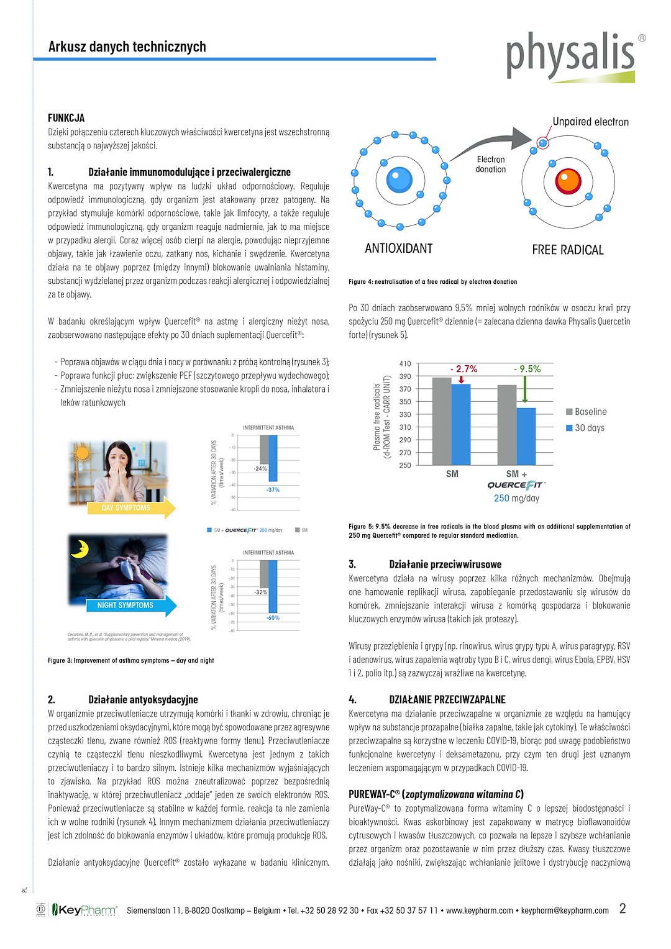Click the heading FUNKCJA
[66, 118]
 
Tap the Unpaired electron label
[590, 122]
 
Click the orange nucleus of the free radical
[568, 181]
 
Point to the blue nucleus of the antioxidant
[399, 180]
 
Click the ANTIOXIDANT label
[398, 248]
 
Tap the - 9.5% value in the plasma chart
[527, 369]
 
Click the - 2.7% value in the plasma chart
[463, 369]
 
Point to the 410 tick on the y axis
[405, 364]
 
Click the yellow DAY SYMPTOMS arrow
[130, 508]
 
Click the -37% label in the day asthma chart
[273, 490]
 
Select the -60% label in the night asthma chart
[273, 618]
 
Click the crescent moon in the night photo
[80, 548]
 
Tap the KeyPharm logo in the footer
[84, 910]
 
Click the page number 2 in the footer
[623, 909]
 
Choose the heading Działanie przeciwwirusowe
[445, 565]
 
